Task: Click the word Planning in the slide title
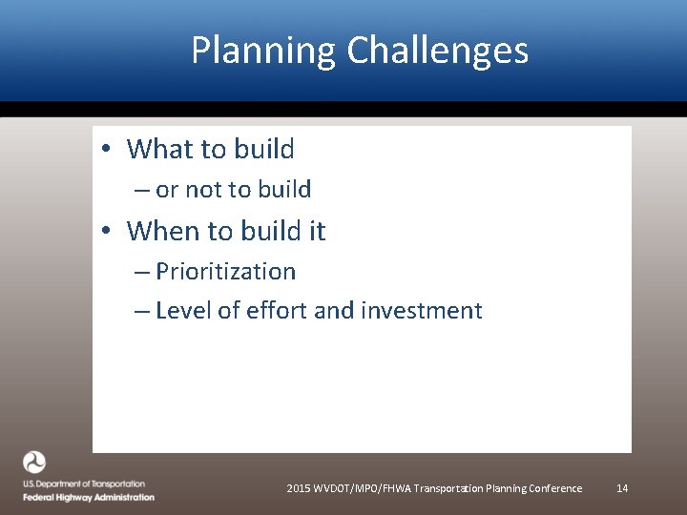[x=263, y=51]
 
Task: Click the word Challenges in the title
[x=438, y=51]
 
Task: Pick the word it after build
[x=314, y=231]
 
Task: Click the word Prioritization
[x=226, y=272]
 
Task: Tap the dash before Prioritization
[x=142, y=273]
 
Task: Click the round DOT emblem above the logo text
[x=34, y=463]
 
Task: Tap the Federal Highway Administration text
[x=89, y=497]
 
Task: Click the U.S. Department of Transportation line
[x=84, y=484]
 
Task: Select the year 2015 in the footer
[x=299, y=488]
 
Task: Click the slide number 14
[x=622, y=488]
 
